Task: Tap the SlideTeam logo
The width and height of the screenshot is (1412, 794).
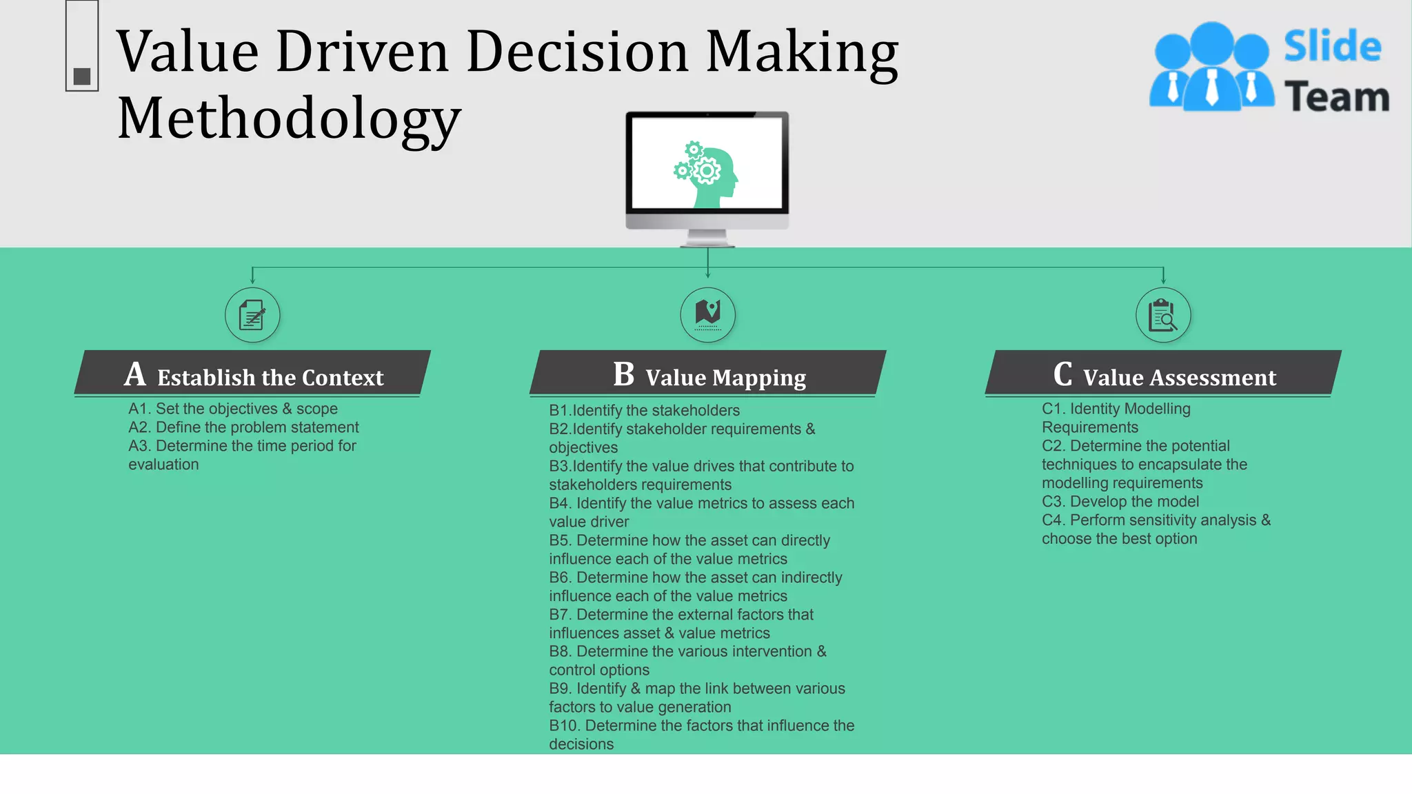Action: click(x=1269, y=68)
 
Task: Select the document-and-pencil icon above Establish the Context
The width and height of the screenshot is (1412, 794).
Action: click(x=252, y=316)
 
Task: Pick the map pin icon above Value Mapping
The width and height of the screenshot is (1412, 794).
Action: click(x=707, y=314)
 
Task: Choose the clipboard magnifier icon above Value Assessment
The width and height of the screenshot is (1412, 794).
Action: click(x=1163, y=316)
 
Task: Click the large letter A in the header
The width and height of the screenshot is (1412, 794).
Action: click(x=135, y=375)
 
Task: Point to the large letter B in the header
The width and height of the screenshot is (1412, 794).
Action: click(x=623, y=375)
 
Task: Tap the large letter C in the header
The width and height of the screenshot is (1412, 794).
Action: click(x=1062, y=375)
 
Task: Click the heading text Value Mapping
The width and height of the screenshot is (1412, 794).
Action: click(x=725, y=378)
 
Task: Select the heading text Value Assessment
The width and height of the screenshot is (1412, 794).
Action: click(x=1179, y=378)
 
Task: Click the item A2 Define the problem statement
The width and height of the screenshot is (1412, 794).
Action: click(x=243, y=427)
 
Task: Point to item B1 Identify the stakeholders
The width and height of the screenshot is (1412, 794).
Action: click(x=644, y=411)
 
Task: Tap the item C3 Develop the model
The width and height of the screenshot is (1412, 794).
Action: click(x=1120, y=502)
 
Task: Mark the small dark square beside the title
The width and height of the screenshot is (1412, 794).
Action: click(x=82, y=77)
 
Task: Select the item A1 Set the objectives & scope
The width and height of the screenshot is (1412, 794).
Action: click(x=233, y=409)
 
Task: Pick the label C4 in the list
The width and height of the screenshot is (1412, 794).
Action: click(x=1053, y=520)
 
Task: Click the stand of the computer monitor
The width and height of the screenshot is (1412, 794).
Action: click(x=707, y=238)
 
